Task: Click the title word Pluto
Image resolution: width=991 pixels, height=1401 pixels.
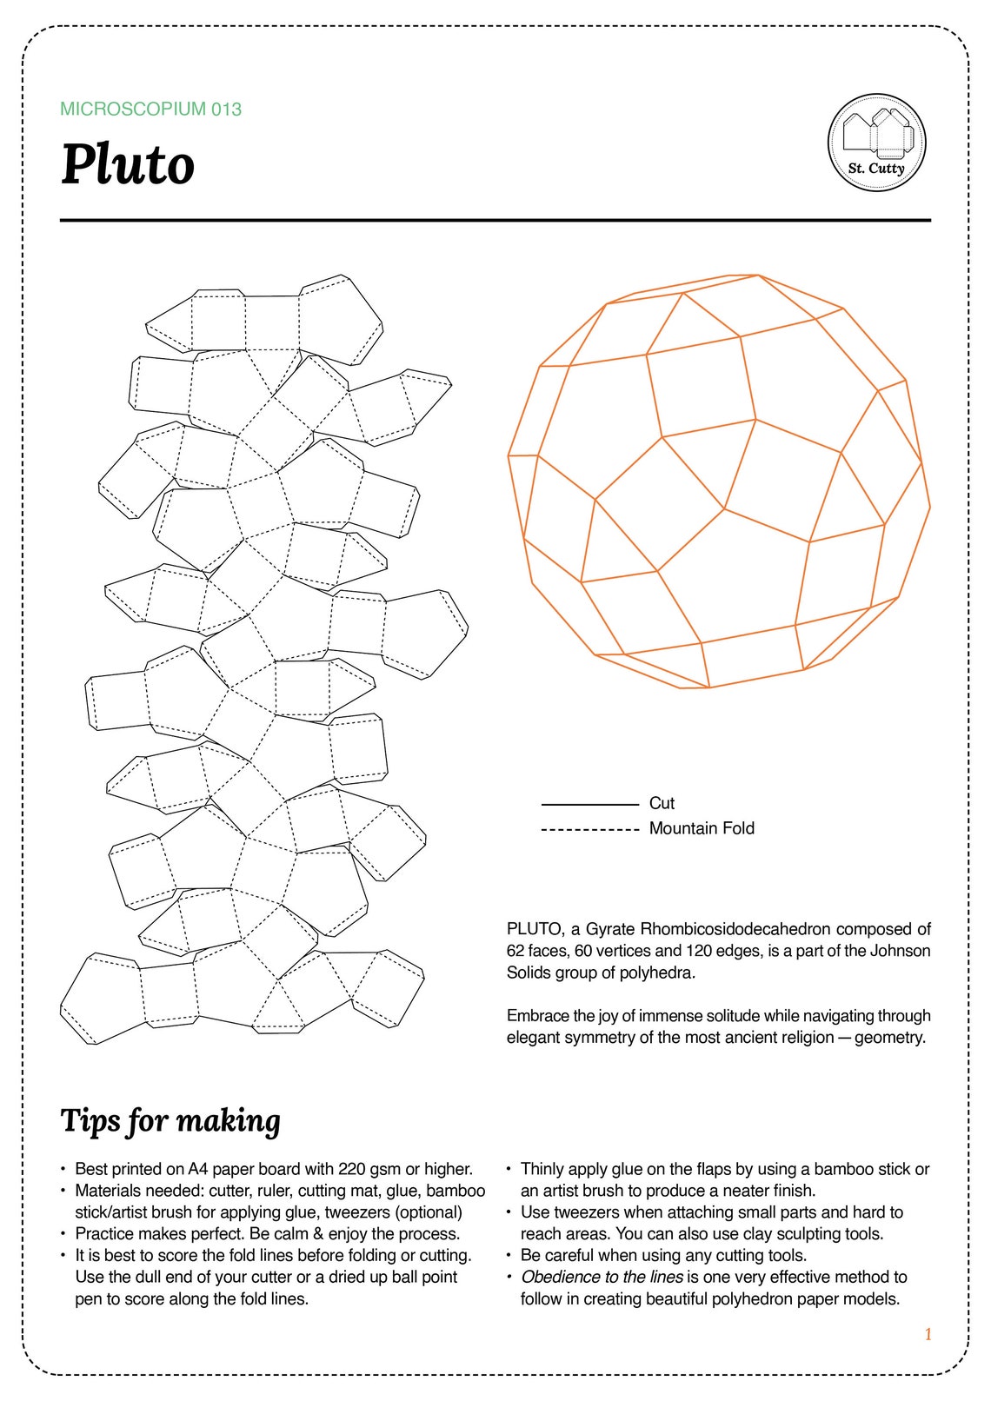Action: click(128, 164)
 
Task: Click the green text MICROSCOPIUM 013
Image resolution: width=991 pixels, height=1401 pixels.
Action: click(150, 110)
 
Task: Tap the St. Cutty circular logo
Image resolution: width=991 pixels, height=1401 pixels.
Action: click(876, 143)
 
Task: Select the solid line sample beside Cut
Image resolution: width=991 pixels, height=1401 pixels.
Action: click(589, 805)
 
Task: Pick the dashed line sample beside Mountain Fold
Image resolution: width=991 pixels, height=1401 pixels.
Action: click(589, 830)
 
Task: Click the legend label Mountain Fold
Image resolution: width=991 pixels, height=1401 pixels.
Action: click(702, 828)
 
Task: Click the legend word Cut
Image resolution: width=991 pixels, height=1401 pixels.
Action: click(662, 803)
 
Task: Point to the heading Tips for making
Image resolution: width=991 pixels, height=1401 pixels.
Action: click(170, 1121)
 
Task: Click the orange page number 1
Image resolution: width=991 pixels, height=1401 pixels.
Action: click(928, 1334)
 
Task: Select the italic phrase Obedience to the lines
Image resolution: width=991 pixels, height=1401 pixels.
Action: click(602, 1277)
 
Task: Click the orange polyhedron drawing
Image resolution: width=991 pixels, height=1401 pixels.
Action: click(719, 482)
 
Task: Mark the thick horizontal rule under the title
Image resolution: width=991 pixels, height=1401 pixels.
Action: click(495, 221)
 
